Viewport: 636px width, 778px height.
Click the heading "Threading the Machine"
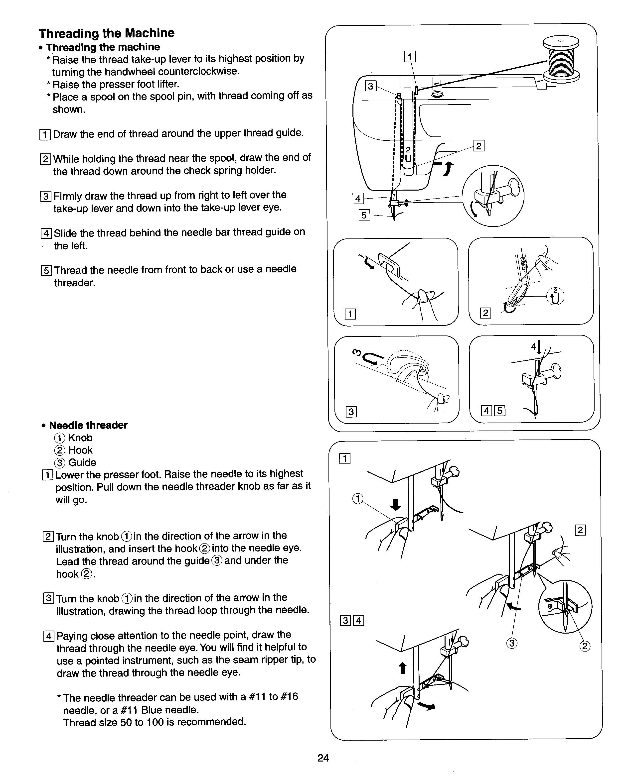(107, 33)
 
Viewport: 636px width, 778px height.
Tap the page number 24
(323, 758)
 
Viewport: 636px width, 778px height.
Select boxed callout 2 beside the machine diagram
(479, 146)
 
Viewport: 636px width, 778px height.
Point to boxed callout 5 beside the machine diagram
(364, 215)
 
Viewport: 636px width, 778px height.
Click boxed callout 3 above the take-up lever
(371, 86)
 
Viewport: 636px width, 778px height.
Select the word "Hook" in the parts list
(81, 450)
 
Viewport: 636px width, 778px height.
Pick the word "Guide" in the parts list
(82, 462)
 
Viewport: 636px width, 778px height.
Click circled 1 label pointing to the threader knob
(357, 499)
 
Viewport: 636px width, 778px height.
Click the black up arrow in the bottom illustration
(403, 668)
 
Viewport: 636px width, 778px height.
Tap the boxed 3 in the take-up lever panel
(351, 412)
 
